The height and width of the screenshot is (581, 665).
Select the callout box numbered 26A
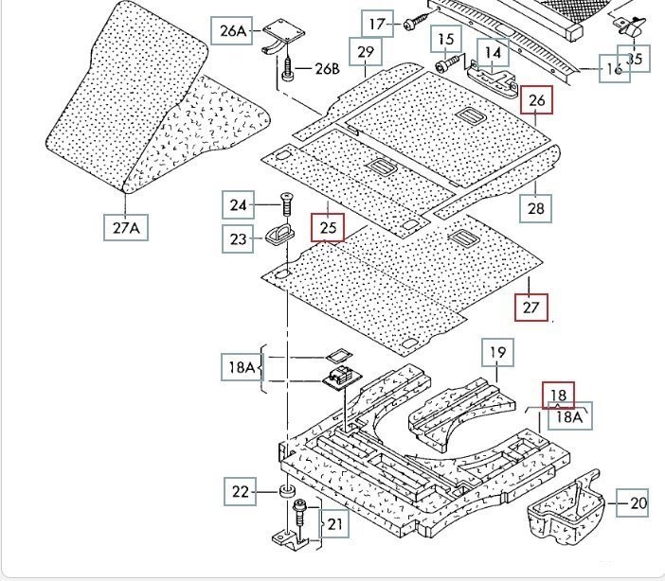(x=233, y=31)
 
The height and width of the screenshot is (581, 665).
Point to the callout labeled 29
(x=366, y=51)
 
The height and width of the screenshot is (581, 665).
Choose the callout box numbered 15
(x=446, y=40)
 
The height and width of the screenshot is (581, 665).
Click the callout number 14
(x=493, y=52)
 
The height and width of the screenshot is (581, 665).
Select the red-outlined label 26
(x=537, y=100)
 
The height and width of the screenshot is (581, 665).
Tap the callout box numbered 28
(x=536, y=208)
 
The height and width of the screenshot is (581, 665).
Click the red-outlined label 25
(x=329, y=227)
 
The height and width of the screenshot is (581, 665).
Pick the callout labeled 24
(x=238, y=204)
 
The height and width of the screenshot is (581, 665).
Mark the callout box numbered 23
(x=238, y=239)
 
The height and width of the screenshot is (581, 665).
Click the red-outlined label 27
(x=530, y=308)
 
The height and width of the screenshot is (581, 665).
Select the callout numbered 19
(x=497, y=353)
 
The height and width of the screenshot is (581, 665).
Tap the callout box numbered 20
(x=634, y=503)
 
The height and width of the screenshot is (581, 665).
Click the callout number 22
(x=241, y=491)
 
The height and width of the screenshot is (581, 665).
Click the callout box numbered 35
(x=635, y=59)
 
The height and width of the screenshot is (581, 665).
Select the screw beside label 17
(x=413, y=23)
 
